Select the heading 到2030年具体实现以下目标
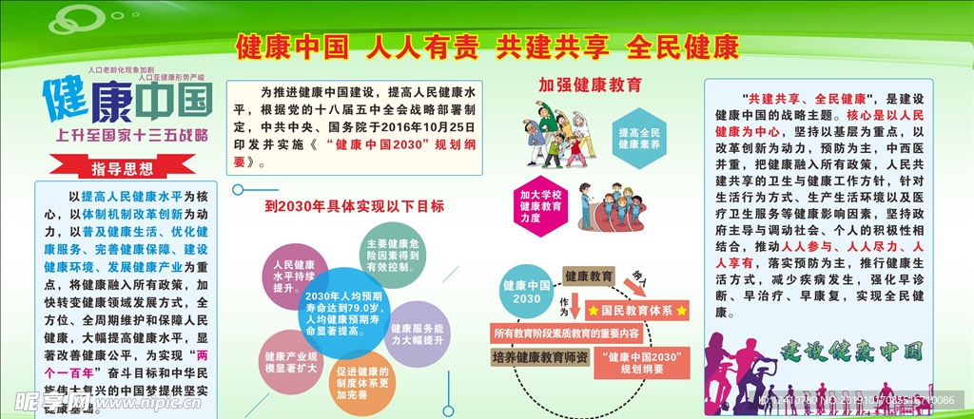click(x=354, y=205)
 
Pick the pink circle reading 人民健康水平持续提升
click(x=294, y=276)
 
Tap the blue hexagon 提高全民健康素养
click(x=639, y=140)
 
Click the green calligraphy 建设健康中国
click(x=852, y=352)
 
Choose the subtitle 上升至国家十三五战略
click(x=132, y=134)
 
